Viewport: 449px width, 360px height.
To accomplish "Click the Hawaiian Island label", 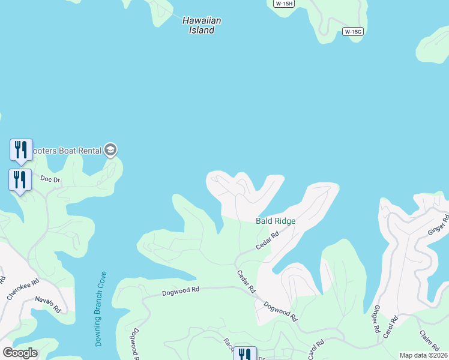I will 202,25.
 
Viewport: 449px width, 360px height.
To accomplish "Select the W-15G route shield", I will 354,31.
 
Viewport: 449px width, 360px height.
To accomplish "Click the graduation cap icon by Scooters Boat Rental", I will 110,149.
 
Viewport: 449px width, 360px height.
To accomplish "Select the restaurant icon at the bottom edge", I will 244,355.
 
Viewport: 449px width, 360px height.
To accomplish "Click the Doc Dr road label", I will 50,179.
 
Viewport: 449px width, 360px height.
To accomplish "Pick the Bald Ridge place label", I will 276,221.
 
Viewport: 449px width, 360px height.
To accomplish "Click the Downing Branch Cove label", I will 101,309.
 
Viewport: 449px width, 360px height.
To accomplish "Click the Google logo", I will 20,353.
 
